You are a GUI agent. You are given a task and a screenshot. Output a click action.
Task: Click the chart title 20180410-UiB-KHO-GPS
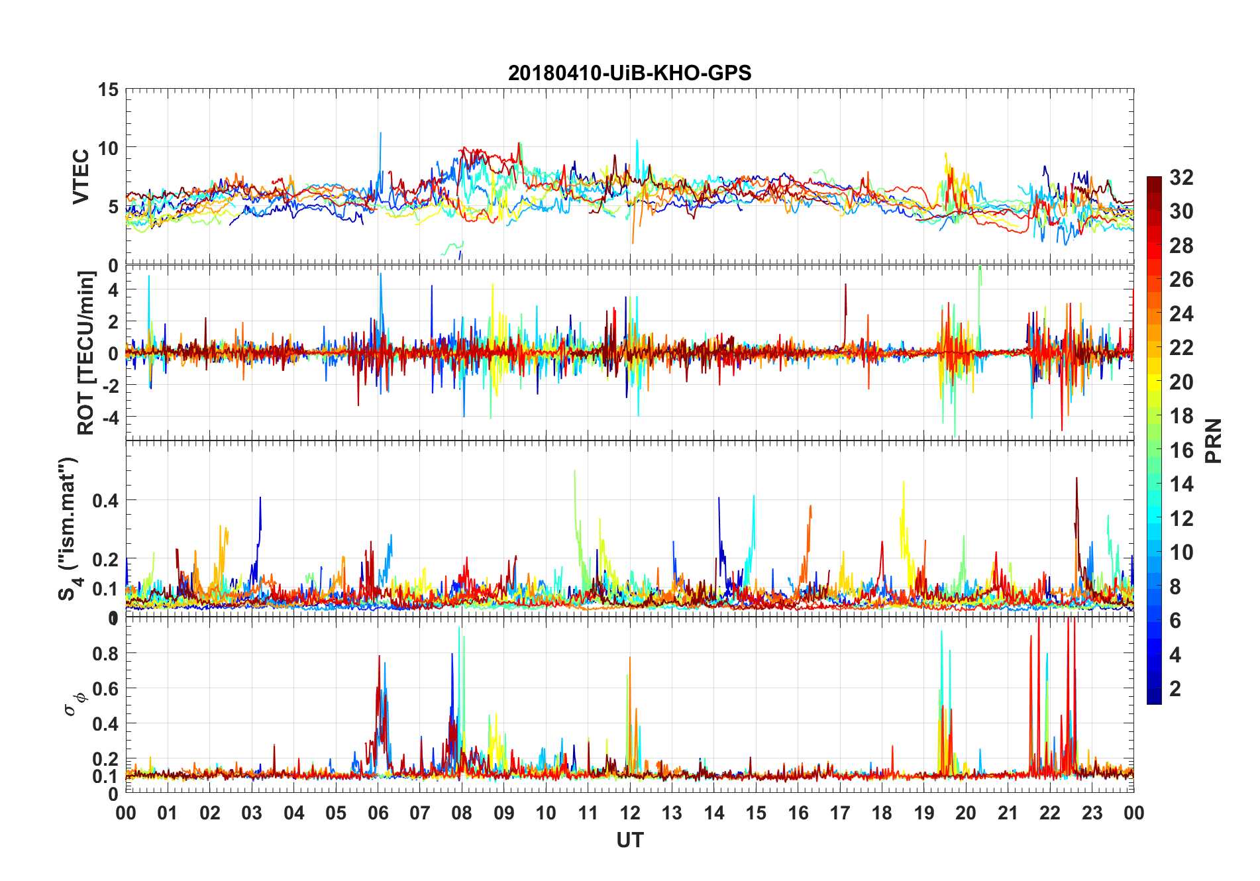(629, 73)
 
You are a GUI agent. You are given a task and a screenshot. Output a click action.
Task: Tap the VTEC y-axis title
(81, 177)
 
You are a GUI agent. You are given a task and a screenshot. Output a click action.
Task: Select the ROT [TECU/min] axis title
(86, 352)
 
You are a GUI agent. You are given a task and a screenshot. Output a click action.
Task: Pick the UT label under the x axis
(629, 840)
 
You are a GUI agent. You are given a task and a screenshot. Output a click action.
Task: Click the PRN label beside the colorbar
(1213, 440)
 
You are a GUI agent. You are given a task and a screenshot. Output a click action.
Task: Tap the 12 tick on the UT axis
(630, 813)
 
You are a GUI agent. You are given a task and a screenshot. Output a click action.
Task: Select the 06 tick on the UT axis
(378, 813)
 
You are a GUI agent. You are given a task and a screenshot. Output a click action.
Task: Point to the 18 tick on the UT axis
(882, 813)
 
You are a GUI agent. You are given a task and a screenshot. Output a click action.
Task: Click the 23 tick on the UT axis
(1092, 813)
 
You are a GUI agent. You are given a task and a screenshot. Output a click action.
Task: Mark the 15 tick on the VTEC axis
(107, 89)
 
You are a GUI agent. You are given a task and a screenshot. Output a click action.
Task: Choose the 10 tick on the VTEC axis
(107, 148)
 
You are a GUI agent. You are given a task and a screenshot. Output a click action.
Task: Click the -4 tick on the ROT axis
(107, 417)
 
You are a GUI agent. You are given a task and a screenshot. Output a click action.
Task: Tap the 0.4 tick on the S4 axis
(105, 500)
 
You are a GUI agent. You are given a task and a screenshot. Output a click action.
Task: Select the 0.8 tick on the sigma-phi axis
(105, 653)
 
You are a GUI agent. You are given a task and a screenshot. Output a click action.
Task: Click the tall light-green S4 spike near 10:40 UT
(575, 474)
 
